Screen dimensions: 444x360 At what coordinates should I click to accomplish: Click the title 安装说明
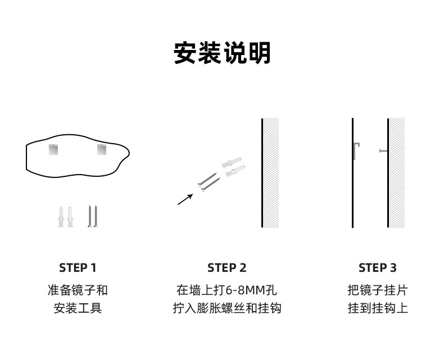pyautogui.click(x=222, y=53)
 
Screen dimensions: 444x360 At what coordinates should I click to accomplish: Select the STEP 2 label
pyautogui.click(x=226, y=268)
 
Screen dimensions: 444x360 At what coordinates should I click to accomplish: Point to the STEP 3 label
pyautogui.click(x=377, y=268)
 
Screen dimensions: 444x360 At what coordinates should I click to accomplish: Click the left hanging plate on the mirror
pyautogui.click(x=53, y=150)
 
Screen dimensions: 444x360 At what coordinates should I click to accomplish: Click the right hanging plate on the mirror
pyautogui.click(x=101, y=150)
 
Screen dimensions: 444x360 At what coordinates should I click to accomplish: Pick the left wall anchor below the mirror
pyautogui.click(x=61, y=216)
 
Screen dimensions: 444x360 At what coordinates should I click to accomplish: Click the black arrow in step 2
pyautogui.click(x=185, y=199)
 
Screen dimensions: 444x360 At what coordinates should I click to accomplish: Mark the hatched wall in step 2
pyautogui.click(x=271, y=173)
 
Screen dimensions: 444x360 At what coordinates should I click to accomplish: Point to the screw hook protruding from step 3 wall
pyautogui.click(x=383, y=151)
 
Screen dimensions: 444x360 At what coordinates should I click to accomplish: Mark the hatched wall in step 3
pyautogui.click(x=397, y=173)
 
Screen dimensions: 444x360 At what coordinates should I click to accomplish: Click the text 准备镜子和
pyautogui.click(x=78, y=290)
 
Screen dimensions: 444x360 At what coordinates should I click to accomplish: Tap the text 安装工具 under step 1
pyautogui.click(x=78, y=308)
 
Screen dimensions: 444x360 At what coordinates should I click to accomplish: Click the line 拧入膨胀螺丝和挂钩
pyautogui.click(x=226, y=308)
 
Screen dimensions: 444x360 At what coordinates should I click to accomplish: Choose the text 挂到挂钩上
pyautogui.click(x=377, y=308)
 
